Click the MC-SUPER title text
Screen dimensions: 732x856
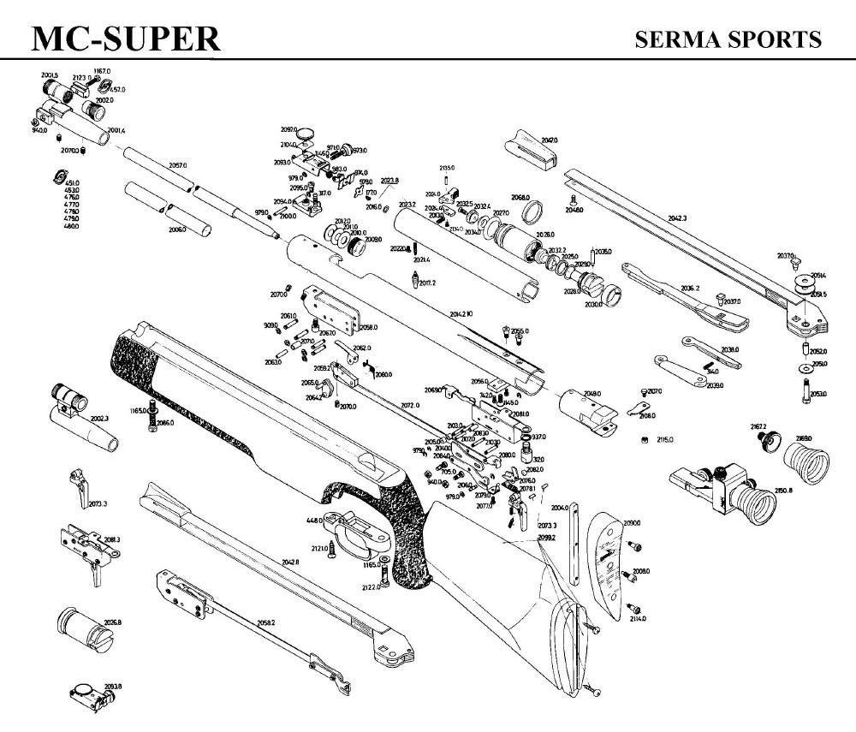click(x=125, y=39)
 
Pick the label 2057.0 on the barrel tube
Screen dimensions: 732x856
click(x=177, y=164)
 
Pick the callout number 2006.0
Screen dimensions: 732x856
click(x=177, y=229)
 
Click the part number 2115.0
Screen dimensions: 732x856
click(x=665, y=439)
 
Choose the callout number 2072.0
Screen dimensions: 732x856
click(x=410, y=405)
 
